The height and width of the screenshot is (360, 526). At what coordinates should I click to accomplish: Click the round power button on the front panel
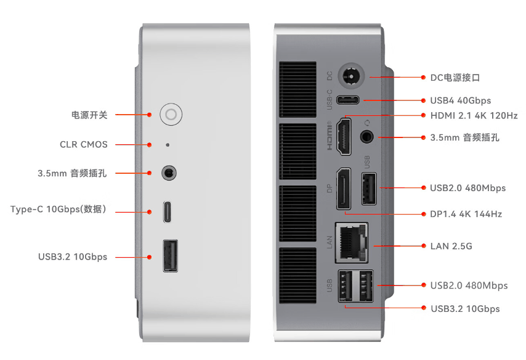click(171, 114)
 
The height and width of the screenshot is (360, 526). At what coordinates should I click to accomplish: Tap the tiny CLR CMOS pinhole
click(168, 145)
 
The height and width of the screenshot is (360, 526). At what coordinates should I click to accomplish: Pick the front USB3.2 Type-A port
click(171, 256)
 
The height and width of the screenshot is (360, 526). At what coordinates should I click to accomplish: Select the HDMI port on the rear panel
click(345, 136)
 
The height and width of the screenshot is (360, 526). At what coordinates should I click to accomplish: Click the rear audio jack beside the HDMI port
click(368, 136)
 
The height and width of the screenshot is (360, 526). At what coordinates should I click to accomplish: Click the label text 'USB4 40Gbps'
click(460, 100)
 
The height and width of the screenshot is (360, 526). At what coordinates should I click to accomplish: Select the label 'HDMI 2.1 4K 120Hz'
click(473, 115)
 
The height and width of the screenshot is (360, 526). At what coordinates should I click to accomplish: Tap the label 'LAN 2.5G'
click(451, 246)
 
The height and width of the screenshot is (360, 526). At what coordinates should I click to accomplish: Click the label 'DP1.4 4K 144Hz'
click(466, 214)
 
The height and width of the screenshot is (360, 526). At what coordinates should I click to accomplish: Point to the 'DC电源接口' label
click(455, 78)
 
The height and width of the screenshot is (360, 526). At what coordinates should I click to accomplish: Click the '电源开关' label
click(89, 115)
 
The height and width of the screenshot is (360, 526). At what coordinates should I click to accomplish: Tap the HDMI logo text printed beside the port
click(330, 136)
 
